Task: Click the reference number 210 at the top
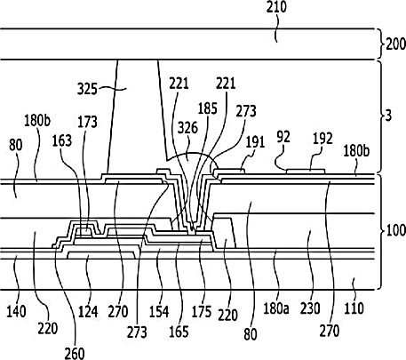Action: point(276,7)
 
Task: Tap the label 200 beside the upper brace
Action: point(396,44)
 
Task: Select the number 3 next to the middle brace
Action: point(388,116)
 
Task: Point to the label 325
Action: point(87,89)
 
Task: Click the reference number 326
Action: point(187,128)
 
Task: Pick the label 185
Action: point(208,108)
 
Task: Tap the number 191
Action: point(255,142)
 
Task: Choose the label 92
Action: point(283,137)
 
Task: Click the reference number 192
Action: point(322,139)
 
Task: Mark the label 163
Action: point(62,140)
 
